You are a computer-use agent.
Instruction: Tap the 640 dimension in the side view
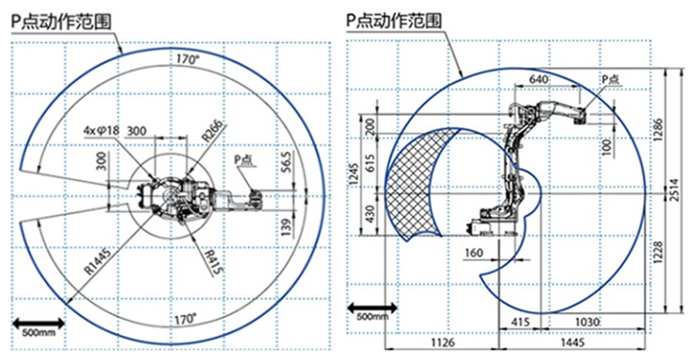[x=538, y=80]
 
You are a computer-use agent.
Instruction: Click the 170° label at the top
[x=188, y=59]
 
